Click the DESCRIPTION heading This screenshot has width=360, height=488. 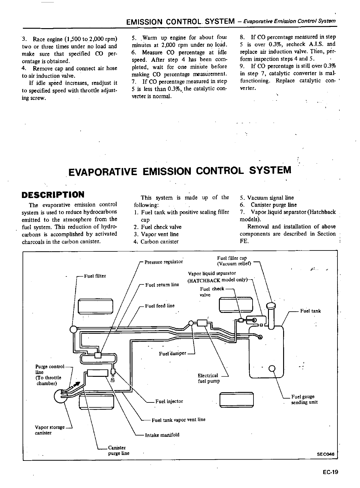coord(53,195)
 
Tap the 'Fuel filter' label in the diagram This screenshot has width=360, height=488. coord(95,276)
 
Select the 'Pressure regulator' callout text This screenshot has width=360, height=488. coord(164,262)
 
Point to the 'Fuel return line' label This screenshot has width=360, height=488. coord(162,284)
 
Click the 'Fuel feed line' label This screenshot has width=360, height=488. coord(160,306)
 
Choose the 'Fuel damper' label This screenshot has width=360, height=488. coord(173,353)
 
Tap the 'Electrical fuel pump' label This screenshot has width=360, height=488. coord(209,378)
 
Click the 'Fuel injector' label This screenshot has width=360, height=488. coord(169,401)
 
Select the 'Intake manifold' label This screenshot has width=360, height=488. coord(162,435)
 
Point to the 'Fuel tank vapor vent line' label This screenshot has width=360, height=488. coord(178,420)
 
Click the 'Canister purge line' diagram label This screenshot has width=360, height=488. coord(118,451)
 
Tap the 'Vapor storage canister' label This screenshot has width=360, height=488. coord(49,430)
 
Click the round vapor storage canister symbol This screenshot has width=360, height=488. coord(60,396)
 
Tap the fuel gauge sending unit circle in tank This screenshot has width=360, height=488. coord(272,368)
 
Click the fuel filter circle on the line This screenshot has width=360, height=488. coord(73,329)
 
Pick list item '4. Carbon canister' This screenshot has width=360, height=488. coord(156,242)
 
